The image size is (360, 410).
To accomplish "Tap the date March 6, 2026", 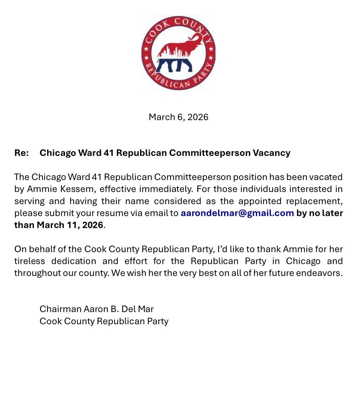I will [179, 117].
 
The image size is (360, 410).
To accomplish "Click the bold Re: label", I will [22, 153].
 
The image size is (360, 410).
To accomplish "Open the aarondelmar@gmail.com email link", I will [237, 213].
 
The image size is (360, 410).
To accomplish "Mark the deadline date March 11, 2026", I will [70, 225].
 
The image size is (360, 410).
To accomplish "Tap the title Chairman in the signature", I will [60, 309].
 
